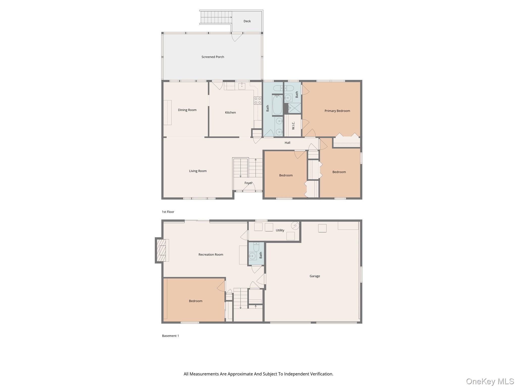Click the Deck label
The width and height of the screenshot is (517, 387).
click(247, 21)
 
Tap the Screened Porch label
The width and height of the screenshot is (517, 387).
click(213, 57)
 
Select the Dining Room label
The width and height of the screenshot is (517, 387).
click(187, 110)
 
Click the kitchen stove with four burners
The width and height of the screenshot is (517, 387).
click(257, 101)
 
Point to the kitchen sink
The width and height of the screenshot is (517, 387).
click(242, 86)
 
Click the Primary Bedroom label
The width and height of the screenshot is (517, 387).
click(337, 111)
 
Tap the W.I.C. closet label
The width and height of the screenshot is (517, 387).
click(293, 125)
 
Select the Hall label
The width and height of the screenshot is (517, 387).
click(287, 143)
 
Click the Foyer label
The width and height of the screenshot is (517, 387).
click(248, 183)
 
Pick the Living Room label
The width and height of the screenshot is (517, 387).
click(198, 171)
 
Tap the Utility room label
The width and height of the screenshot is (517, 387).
click(280, 230)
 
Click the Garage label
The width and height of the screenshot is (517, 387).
click(315, 276)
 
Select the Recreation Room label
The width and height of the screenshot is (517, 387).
click(211, 254)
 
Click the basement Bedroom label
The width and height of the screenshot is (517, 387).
click(195, 301)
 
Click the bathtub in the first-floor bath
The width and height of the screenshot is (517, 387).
click(277, 105)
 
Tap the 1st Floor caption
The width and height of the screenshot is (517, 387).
click(168, 212)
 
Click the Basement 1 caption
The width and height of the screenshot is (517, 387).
click(170, 336)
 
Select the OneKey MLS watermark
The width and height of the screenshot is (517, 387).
click(490, 381)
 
